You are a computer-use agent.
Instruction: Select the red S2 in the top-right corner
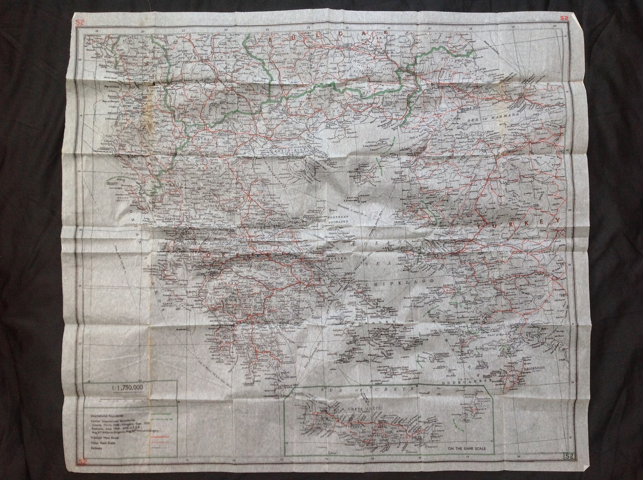(x=564, y=18)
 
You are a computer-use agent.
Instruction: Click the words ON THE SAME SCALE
(x=470, y=449)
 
